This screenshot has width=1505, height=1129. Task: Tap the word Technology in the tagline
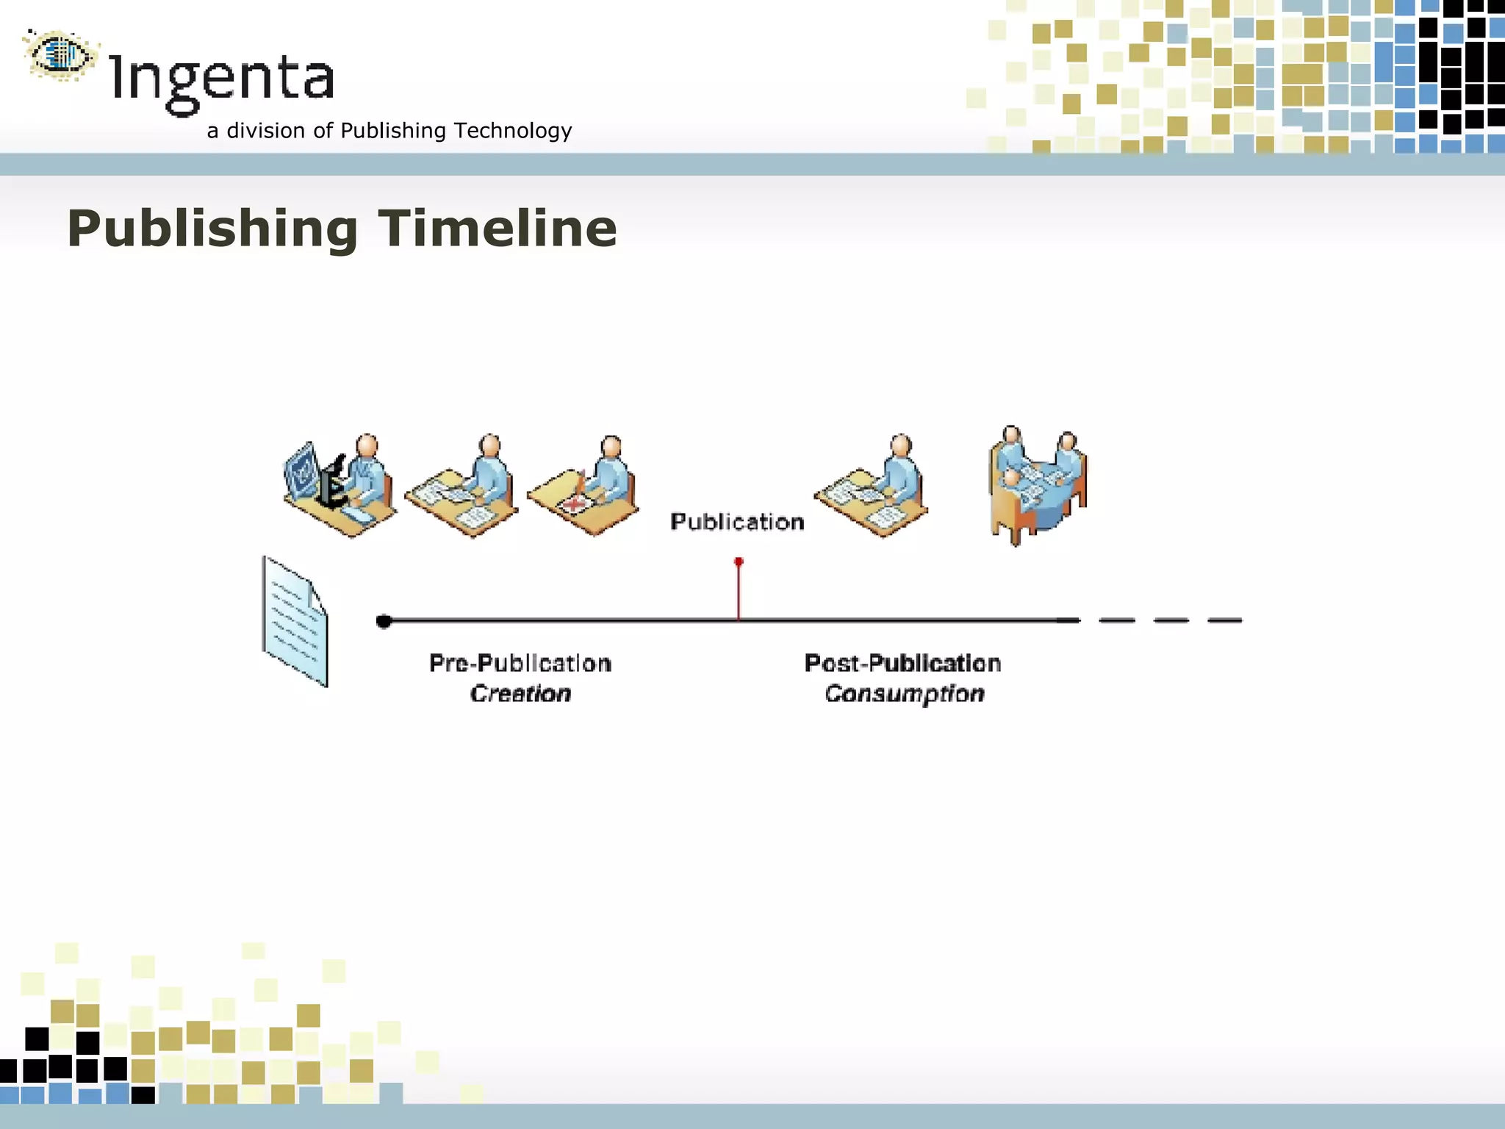512,131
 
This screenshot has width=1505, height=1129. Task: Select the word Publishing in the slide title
212,229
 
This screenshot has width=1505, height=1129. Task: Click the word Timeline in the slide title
498,229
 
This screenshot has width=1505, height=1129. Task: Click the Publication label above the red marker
737,522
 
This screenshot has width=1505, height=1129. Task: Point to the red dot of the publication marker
739,562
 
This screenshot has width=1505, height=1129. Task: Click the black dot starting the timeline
384,622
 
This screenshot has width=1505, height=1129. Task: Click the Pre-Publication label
520,663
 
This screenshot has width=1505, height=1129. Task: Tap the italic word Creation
520,694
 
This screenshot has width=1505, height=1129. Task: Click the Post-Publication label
902,663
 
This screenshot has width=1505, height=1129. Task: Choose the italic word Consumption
904,694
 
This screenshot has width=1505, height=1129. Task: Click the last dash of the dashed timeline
1225,620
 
